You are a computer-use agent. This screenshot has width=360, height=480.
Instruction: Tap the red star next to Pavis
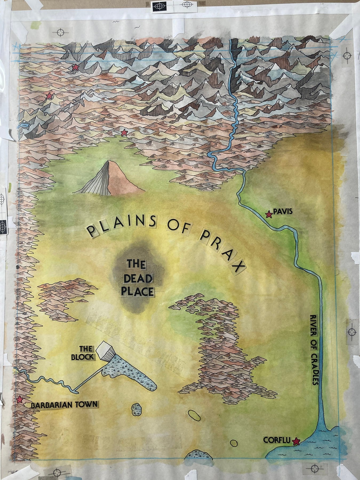269,214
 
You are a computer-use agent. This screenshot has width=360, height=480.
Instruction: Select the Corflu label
277,440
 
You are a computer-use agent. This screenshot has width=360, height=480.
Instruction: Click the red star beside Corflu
295,442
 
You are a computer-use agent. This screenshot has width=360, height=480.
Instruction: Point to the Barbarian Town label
64,405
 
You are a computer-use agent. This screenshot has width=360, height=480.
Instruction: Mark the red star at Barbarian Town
19,400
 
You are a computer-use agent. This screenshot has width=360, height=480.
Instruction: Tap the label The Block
83,353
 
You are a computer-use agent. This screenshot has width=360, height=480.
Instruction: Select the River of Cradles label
314,349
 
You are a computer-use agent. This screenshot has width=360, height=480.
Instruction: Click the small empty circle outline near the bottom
233,443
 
